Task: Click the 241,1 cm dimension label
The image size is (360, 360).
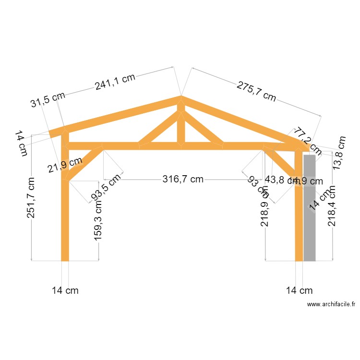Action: coord(115,82)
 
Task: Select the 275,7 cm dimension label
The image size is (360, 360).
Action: coord(256,91)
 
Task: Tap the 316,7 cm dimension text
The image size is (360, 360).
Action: coord(183,180)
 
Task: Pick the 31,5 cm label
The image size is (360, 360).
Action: coord(48,99)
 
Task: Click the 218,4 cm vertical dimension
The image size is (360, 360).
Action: coord(332,206)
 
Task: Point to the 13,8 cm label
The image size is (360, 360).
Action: coord(339,153)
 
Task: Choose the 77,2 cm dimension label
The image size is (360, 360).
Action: coord(308,140)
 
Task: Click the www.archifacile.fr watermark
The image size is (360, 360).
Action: coord(331,304)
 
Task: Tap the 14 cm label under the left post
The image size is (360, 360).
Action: coord(65,290)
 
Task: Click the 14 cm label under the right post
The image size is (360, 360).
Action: coord(299,290)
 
